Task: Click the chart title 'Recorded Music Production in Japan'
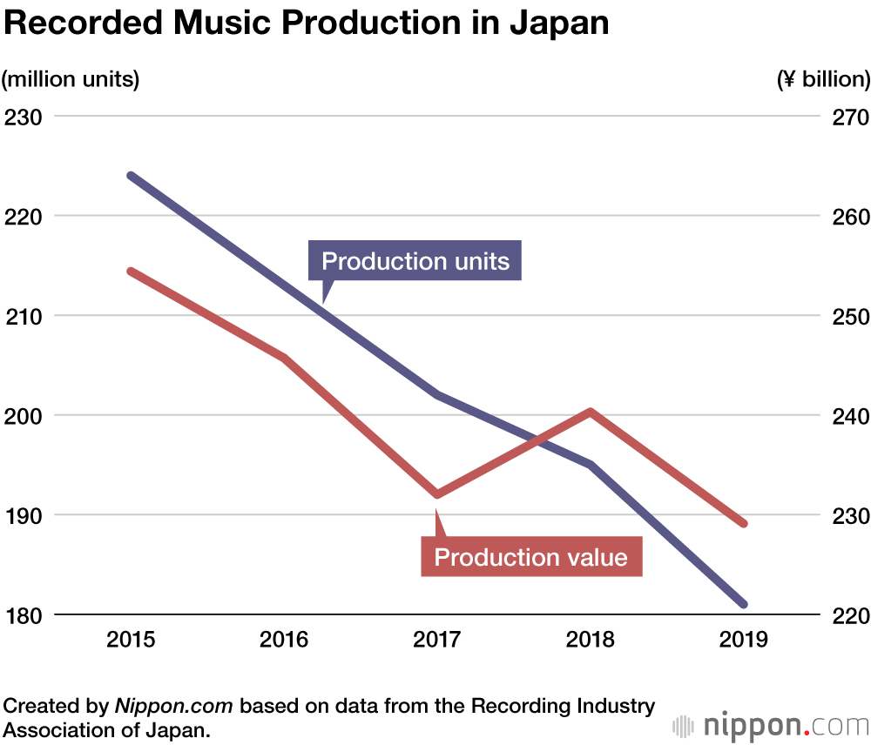coord(306,23)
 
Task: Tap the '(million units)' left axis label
coord(71,79)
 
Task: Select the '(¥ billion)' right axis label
coord(823,79)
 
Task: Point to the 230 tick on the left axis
coord(24,117)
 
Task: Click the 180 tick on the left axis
coord(24,615)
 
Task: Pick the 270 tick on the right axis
coord(846,117)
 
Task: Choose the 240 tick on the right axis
coord(846,416)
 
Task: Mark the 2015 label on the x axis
coord(131,641)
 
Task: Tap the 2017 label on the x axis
coord(437,641)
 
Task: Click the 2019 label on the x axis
coord(744,641)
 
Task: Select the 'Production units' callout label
coord(415,261)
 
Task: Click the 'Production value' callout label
coord(530,557)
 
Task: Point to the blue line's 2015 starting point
coord(131,176)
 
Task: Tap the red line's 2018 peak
coord(591,411)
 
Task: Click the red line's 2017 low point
coord(437,494)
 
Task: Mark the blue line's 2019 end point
coord(744,604)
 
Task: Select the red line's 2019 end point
coord(744,524)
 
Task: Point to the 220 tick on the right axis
coord(846,615)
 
